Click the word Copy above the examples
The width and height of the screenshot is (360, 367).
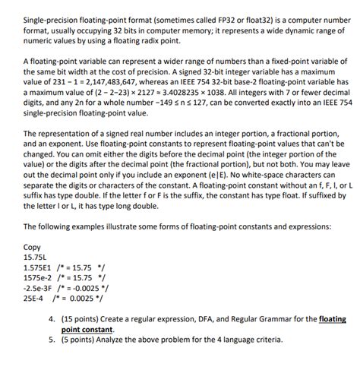pos(33,247)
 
